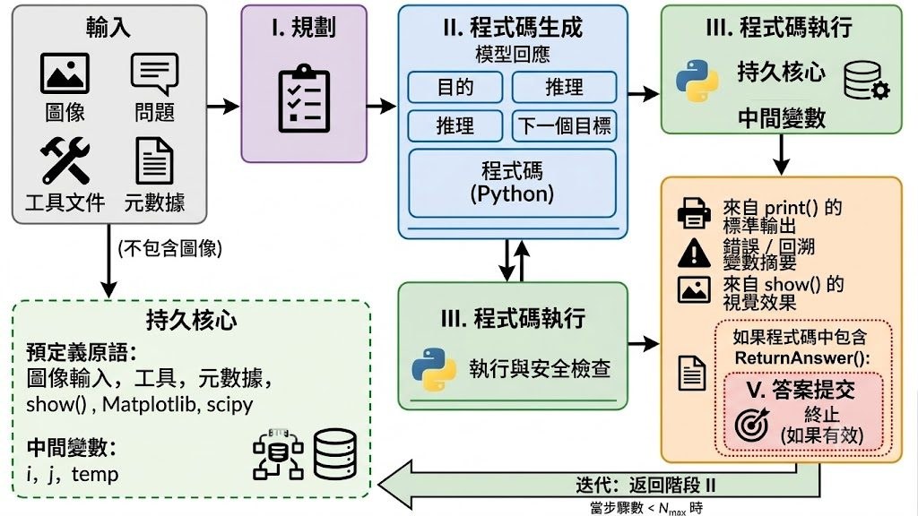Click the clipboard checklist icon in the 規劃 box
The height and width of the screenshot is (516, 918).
[x=304, y=99]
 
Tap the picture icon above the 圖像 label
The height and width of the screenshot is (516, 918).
[x=65, y=73]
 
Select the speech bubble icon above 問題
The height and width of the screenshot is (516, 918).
[x=154, y=74]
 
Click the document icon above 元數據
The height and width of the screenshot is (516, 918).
[x=154, y=161]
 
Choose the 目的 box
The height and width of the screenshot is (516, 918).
[x=455, y=87]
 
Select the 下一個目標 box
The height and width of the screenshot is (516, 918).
[x=565, y=125]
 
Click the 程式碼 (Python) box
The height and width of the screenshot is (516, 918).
[x=512, y=183]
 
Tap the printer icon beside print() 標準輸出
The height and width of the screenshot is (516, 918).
[x=694, y=213]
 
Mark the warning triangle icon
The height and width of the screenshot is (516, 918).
[x=694, y=253]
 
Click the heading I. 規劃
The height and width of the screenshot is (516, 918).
[x=304, y=28]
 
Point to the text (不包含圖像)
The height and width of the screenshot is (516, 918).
[x=169, y=249]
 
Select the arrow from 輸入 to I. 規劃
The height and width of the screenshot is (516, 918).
[x=223, y=106]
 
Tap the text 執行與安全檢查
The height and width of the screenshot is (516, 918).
[x=540, y=369]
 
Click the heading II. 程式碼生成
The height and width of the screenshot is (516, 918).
[x=513, y=28]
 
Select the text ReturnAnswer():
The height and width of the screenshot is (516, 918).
[x=802, y=358]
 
